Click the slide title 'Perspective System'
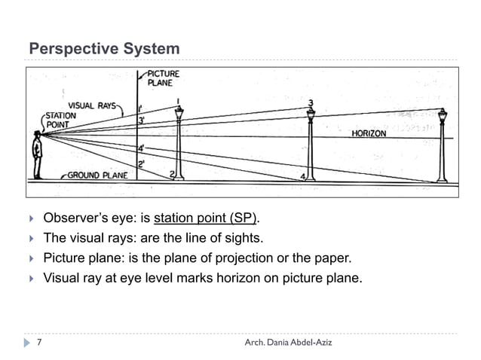(104, 49)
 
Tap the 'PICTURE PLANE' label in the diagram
(164, 78)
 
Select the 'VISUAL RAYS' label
(92, 105)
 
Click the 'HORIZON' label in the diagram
(369, 133)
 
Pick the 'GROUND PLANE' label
(97, 175)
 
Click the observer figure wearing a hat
(37, 154)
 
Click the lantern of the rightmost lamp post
(443, 117)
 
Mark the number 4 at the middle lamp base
(303, 176)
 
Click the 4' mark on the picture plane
(141, 148)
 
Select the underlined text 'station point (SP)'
(206, 218)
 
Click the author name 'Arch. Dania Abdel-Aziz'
(288, 343)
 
